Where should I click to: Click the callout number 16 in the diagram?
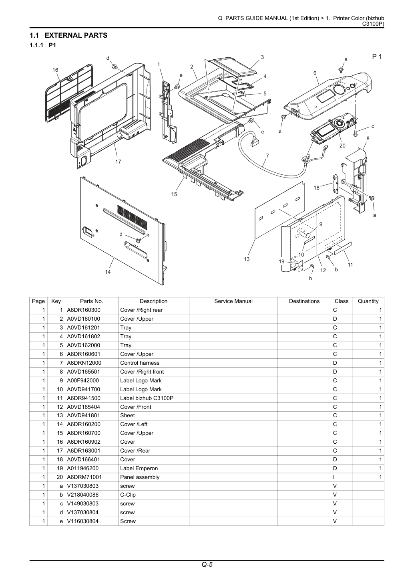pyautogui.click(x=55, y=70)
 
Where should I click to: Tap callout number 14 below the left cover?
pyautogui.click(x=108, y=272)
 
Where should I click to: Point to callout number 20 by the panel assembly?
pyautogui.click(x=342, y=146)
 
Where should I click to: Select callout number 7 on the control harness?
pyautogui.click(x=267, y=156)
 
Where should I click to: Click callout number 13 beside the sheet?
pyautogui.click(x=247, y=259)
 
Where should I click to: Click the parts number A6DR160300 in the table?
pyautogui.click(x=84, y=310)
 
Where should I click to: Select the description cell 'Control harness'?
pyautogui.click(x=140, y=363)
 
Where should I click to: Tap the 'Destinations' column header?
pyautogui.click(x=304, y=301)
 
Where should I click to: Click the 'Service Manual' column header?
pyautogui.click(x=233, y=301)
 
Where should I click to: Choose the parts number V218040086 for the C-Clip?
pyautogui.click(x=83, y=495)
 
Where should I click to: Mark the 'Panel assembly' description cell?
pyautogui.click(x=140, y=477)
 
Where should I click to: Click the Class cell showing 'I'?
pyautogui.click(x=334, y=477)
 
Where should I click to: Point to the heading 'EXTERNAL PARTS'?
pyautogui.click(x=76, y=35)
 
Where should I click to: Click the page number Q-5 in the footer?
pyautogui.click(x=207, y=564)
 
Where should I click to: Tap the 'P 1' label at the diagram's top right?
pyautogui.click(x=377, y=57)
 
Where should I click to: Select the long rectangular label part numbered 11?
pyautogui.click(x=343, y=248)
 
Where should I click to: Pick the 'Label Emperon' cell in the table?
pyautogui.click(x=139, y=468)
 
